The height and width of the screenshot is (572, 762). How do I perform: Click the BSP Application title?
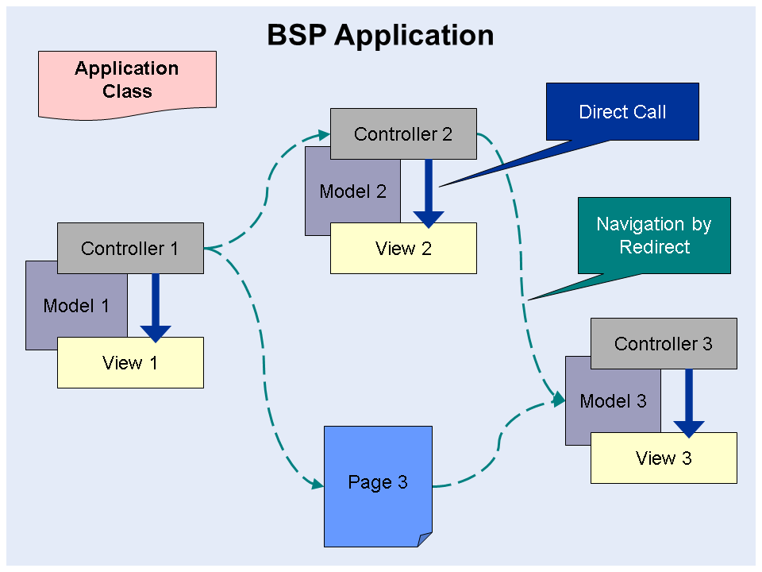click(380, 35)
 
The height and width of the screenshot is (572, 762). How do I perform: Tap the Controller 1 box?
click(130, 249)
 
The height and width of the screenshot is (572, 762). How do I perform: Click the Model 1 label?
click(75, 306)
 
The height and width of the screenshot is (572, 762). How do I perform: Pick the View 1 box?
click(130, 363)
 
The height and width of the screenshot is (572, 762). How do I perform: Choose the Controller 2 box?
click(403, 134)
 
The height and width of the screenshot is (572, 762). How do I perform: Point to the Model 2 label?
click(352, 191)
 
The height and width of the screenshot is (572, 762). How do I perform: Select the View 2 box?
click(403, 249)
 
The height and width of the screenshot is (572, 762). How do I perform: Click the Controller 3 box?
click(664, 344)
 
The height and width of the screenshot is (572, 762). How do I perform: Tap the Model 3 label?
click(613, 401)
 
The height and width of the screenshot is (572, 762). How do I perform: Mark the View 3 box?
click(664, 458)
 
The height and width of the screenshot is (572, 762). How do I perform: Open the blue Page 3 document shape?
click(378, 483)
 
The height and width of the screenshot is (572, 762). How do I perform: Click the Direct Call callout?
click(622, 112)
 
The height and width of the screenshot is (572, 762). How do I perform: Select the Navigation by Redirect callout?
click(654, 236)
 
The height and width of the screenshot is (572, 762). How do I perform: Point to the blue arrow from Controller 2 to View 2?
click(429, 194)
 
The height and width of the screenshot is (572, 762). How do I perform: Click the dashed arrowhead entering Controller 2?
click(324, 133)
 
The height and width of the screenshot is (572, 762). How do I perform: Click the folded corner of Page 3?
click(425, 539)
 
